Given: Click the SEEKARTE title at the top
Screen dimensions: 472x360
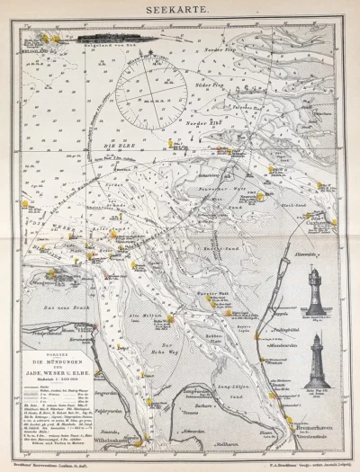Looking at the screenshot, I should pos(180,11).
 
